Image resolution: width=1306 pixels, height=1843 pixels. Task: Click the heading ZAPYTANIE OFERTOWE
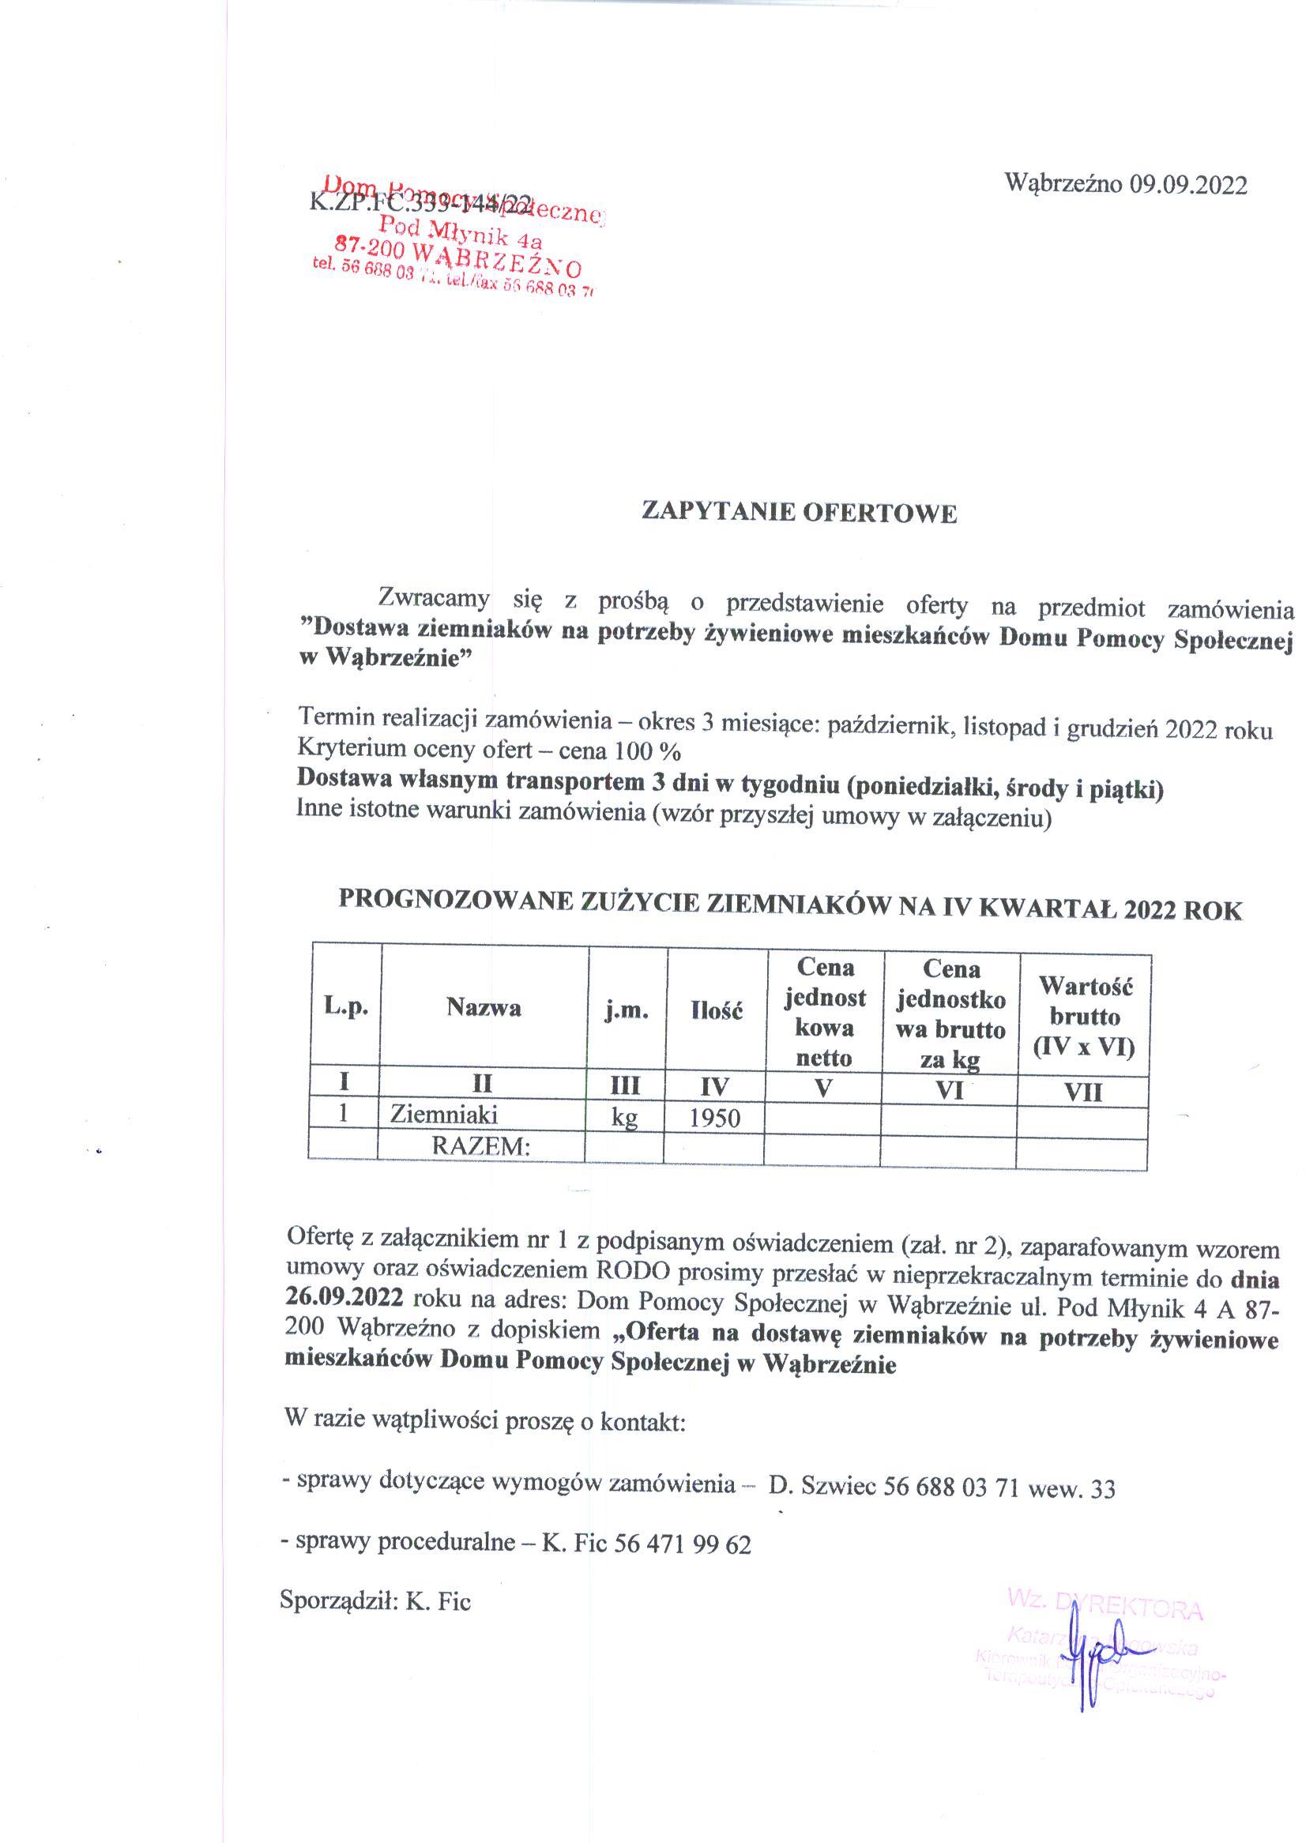pos(799,513)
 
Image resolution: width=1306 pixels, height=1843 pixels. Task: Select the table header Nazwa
pos(484,1007)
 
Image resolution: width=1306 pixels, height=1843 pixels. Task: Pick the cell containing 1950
pos(714,1119)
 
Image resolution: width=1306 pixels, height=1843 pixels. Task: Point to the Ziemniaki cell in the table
pos(444,1115)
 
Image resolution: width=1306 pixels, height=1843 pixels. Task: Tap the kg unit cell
pos(625,1119)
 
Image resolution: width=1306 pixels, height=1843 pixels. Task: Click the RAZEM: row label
pos(482,1145)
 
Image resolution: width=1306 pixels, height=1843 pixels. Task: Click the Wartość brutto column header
pos(1085,1016)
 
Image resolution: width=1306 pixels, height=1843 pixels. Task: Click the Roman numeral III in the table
pos(625,1086)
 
